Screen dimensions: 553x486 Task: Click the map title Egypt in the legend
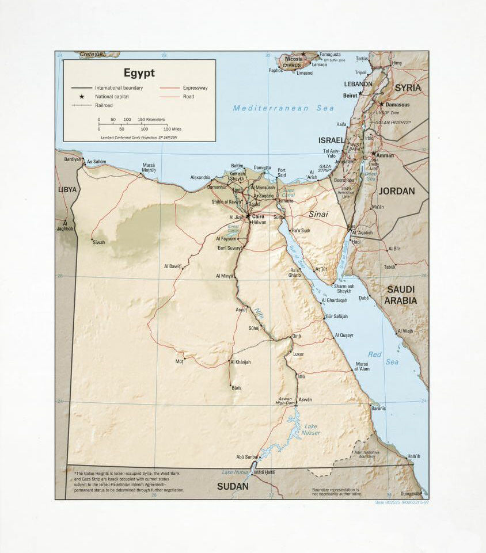pos(139,73)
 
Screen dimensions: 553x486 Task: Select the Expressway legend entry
pos(195,88)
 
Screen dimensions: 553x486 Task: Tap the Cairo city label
pos(257,216)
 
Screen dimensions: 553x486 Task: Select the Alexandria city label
pos(200,177)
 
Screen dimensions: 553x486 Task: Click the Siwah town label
pos(98,242)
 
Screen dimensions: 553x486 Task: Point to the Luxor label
pos(298,354)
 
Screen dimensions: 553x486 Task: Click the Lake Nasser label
pos(310,429)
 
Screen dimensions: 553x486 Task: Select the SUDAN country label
pos(233,486)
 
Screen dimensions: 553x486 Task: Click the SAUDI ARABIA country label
pos(401,295)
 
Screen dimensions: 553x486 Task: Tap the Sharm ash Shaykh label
pos(344,288)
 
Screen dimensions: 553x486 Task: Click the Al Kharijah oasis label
pos(240,362)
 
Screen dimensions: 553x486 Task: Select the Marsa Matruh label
pos(149,168)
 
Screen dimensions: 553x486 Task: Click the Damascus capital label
pos(397,105)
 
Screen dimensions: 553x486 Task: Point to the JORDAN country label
pos(397,191)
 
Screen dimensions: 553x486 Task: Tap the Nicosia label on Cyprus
pos(294,59)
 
